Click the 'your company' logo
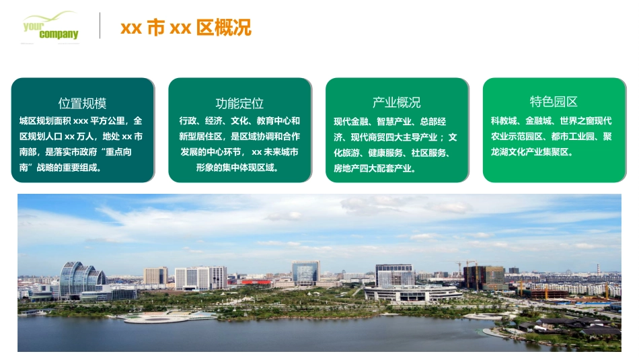coord(50,27)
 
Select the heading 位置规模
coord(82,103)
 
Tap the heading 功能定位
coord(239,103)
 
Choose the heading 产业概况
coord(397,102)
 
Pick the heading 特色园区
coord(554,102)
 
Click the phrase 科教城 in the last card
coord(504,121)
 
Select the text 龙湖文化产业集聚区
coord(531,153)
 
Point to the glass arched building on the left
coord(81,277)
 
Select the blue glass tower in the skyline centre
coord(305,271)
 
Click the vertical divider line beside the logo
coord(100,26)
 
